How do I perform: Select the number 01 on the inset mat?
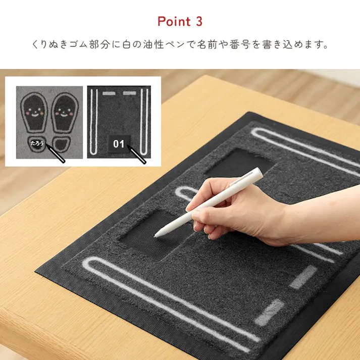tap(119, 144)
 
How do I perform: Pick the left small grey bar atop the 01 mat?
tap(109, 93)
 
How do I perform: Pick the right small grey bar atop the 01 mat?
tap(129, 93)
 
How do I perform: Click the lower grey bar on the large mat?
tap(269, 311)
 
